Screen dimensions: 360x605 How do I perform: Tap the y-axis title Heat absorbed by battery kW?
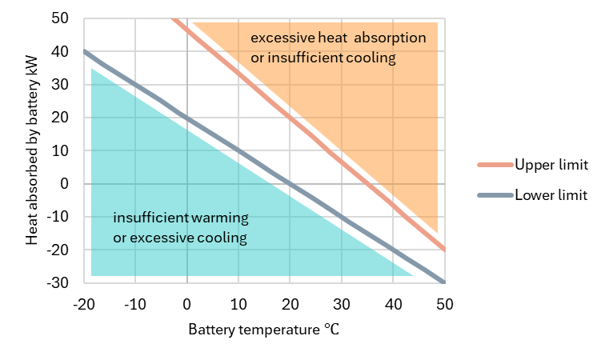coord(31,150)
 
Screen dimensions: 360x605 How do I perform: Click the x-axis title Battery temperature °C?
coord(264,330)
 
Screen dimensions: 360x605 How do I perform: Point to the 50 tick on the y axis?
coord(61,18)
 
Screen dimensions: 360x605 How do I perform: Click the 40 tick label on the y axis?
coord(61,51)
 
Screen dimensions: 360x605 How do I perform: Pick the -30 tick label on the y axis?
coord(58,283)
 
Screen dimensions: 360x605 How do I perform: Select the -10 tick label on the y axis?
coord(58,217)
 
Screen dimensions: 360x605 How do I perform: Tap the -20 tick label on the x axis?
coord(83,304)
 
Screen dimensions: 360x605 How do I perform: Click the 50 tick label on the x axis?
coord(444,304)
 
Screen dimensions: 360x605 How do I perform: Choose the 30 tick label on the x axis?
coord(341,304)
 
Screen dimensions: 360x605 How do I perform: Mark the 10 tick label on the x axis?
coord(238,304)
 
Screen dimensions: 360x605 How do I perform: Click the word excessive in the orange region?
coord(278,38)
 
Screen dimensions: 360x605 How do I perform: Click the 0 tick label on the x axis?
coord(187,304)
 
